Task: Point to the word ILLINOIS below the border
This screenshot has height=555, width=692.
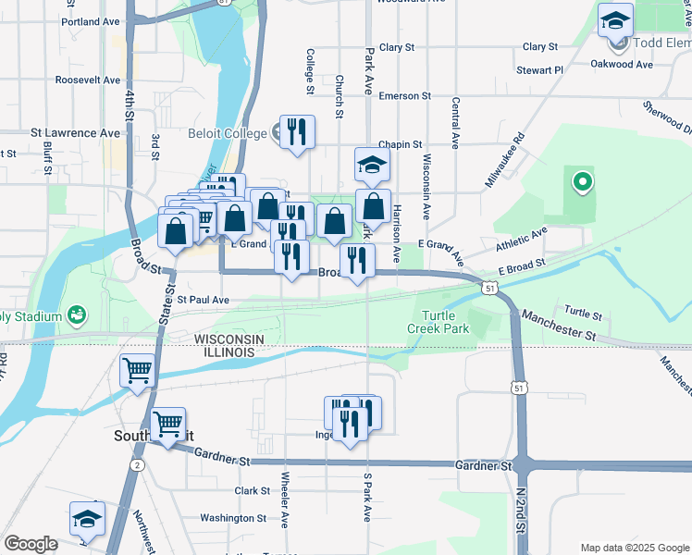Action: click(x=222, y=353)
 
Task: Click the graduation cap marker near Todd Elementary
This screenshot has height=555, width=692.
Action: click(x=614, y=21)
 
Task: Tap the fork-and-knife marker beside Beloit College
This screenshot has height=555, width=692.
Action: click(x=298, y=131)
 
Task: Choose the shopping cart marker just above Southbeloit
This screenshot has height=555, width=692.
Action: click(x=167, y=426)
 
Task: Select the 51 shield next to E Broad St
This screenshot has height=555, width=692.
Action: click(x=488, y=289)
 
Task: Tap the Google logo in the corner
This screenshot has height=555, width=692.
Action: click(x=31, y=544)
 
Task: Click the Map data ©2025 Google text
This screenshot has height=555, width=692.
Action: click(x=634, y=548)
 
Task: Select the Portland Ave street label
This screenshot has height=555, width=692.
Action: click(x=91, y=20)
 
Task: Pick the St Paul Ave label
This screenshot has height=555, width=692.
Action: click(x=203, y=300)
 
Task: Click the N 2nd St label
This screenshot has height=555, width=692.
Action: click(x=521, y=512)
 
